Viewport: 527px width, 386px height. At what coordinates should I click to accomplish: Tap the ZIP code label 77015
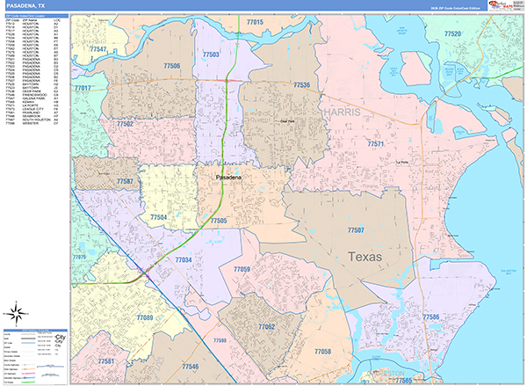[x=255, y=20]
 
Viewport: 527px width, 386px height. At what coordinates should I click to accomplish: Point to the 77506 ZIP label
[x=172, y=66]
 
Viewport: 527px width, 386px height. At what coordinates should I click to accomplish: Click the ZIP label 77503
[x=211, y=55]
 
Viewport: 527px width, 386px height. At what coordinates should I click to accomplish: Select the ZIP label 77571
[x=376, y=143]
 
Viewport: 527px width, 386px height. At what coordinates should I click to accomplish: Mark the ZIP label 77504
[x=159, y=216]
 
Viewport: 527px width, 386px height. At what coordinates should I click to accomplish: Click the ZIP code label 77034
[x=184, y=259]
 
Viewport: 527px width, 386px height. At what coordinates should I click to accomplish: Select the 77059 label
[x=242, y=268]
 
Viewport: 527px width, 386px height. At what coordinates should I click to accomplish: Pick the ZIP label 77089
[x=144, y=317]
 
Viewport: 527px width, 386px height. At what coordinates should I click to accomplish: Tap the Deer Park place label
[x=286, y=123]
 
